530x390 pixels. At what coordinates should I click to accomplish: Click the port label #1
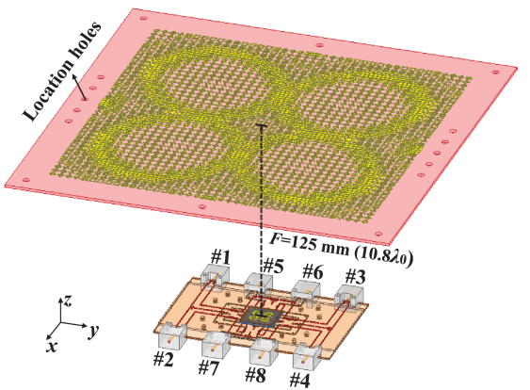pyautogui.click(x=220, y=257)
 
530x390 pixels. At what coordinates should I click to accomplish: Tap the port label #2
pyautogui.click(x=164, y=359)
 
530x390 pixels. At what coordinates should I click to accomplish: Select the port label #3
pyautogui.click(x=355, y=277)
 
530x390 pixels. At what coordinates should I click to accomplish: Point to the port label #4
pyautogui.click(x=299, y=380)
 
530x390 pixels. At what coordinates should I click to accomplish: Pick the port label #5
pyautogui.click(x=273, y=266)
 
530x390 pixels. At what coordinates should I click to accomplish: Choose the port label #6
pyautogui.click(x=313, y=271)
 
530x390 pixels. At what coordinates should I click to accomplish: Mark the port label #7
pyautogui.click(x=208, y=367)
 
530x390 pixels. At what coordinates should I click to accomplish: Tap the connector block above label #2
pyautogui.click(x=172, y=336)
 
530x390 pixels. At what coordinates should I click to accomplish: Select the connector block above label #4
pyautogui.click(x=307, y=356)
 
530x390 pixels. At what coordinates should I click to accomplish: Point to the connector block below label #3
pyautogui.click(x=349, y=295)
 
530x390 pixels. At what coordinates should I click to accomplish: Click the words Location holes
pyautogui.click(x=62, y=71)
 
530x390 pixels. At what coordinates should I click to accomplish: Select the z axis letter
pyautogui.click(x=68, y=300)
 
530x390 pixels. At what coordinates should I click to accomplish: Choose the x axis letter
pyautogui.click(x=52, y=346)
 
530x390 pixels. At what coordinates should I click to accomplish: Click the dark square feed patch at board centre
pyautogui.click(x=260, y=317)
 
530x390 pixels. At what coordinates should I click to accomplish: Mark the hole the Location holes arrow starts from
pyautogui.click(x=85, y=99)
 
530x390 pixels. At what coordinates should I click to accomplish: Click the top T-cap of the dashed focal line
pyautogui.click(x=262, y=126)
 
